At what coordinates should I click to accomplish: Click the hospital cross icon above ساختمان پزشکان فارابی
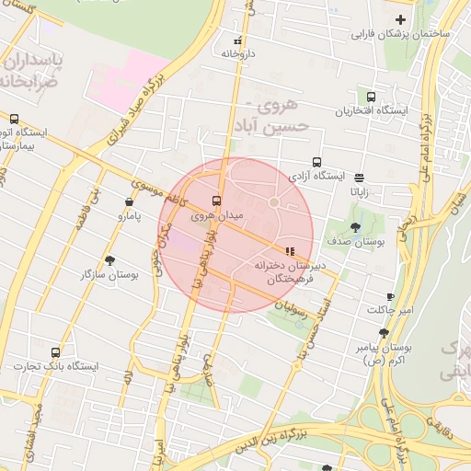pyautogui.click(x=400, y=19)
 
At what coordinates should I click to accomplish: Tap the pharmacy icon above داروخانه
pyautogui.click(x=239, y=40)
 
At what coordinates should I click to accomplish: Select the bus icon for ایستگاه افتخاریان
pyautogui.click(x=371, y=97)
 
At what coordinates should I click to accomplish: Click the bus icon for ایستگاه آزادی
pyautogui.click(x=317, y=160)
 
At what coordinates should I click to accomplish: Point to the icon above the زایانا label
pyautogui.click(x=359, y=178)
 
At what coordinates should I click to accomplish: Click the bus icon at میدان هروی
pyautogui.click(x=217, y=201)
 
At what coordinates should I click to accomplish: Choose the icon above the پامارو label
pyautogui.click(x=128, y=201)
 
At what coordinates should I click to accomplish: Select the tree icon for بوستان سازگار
pyautogui.click(x=110, y=260)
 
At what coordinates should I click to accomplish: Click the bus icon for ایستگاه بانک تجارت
pyautogui.click(x=56, y=352)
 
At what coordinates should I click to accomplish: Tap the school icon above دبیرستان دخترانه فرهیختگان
pyautogui.click(x=289, y=249)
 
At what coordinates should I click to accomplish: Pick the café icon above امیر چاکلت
pyautogui.click(x=390, y=295)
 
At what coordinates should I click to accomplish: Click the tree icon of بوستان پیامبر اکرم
pyautogui.click(x=384, y=334)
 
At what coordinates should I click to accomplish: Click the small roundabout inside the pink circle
pyautogui.click(x=273, y=201)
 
